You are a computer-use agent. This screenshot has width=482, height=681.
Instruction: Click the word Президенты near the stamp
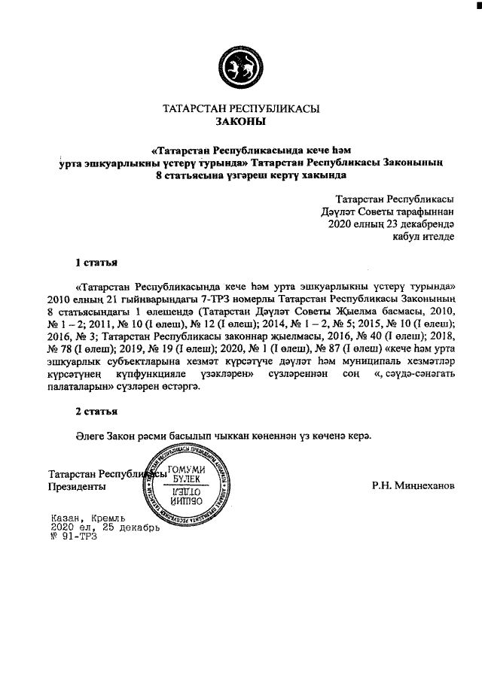click(77, 487)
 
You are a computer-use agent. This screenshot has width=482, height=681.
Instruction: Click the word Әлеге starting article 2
click(91, 436)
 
